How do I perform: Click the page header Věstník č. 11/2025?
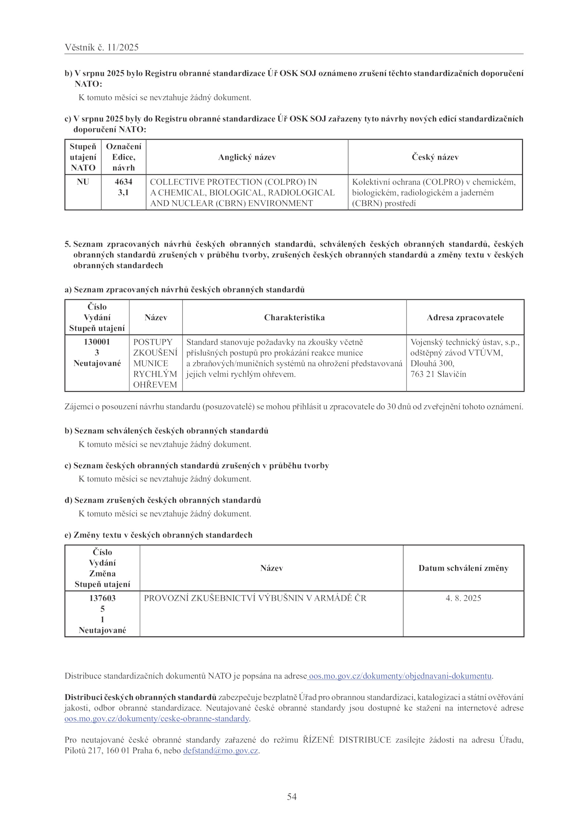[x=101, y=47]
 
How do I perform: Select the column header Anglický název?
[x=247, y=157]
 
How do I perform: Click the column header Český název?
[x=435, y=157]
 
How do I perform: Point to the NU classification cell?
[x=83, y=182]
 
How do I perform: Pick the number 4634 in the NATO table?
[x=123, y=182]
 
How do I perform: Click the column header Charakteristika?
[x=294, y=318]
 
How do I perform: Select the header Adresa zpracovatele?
[x=465, y=318]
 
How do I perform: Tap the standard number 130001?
[x=97, y=342]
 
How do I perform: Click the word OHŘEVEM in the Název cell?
[x=155, y=385]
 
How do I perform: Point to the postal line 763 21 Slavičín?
[x=438, y=374]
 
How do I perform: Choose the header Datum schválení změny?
[x=463, y=568]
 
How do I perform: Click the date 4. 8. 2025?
[x=463, y=598]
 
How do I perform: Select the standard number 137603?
[x=103, y=598]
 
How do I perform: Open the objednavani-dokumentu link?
[x=400, y=676]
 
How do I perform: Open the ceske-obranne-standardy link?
[x=157, y=719]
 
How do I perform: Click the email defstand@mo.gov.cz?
[x=220, y=751]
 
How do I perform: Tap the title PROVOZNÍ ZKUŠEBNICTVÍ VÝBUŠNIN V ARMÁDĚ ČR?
[x=255, y=598]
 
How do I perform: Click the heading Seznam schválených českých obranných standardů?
[x=171, y=431]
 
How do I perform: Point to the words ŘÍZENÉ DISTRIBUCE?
[x=347, y=740]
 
